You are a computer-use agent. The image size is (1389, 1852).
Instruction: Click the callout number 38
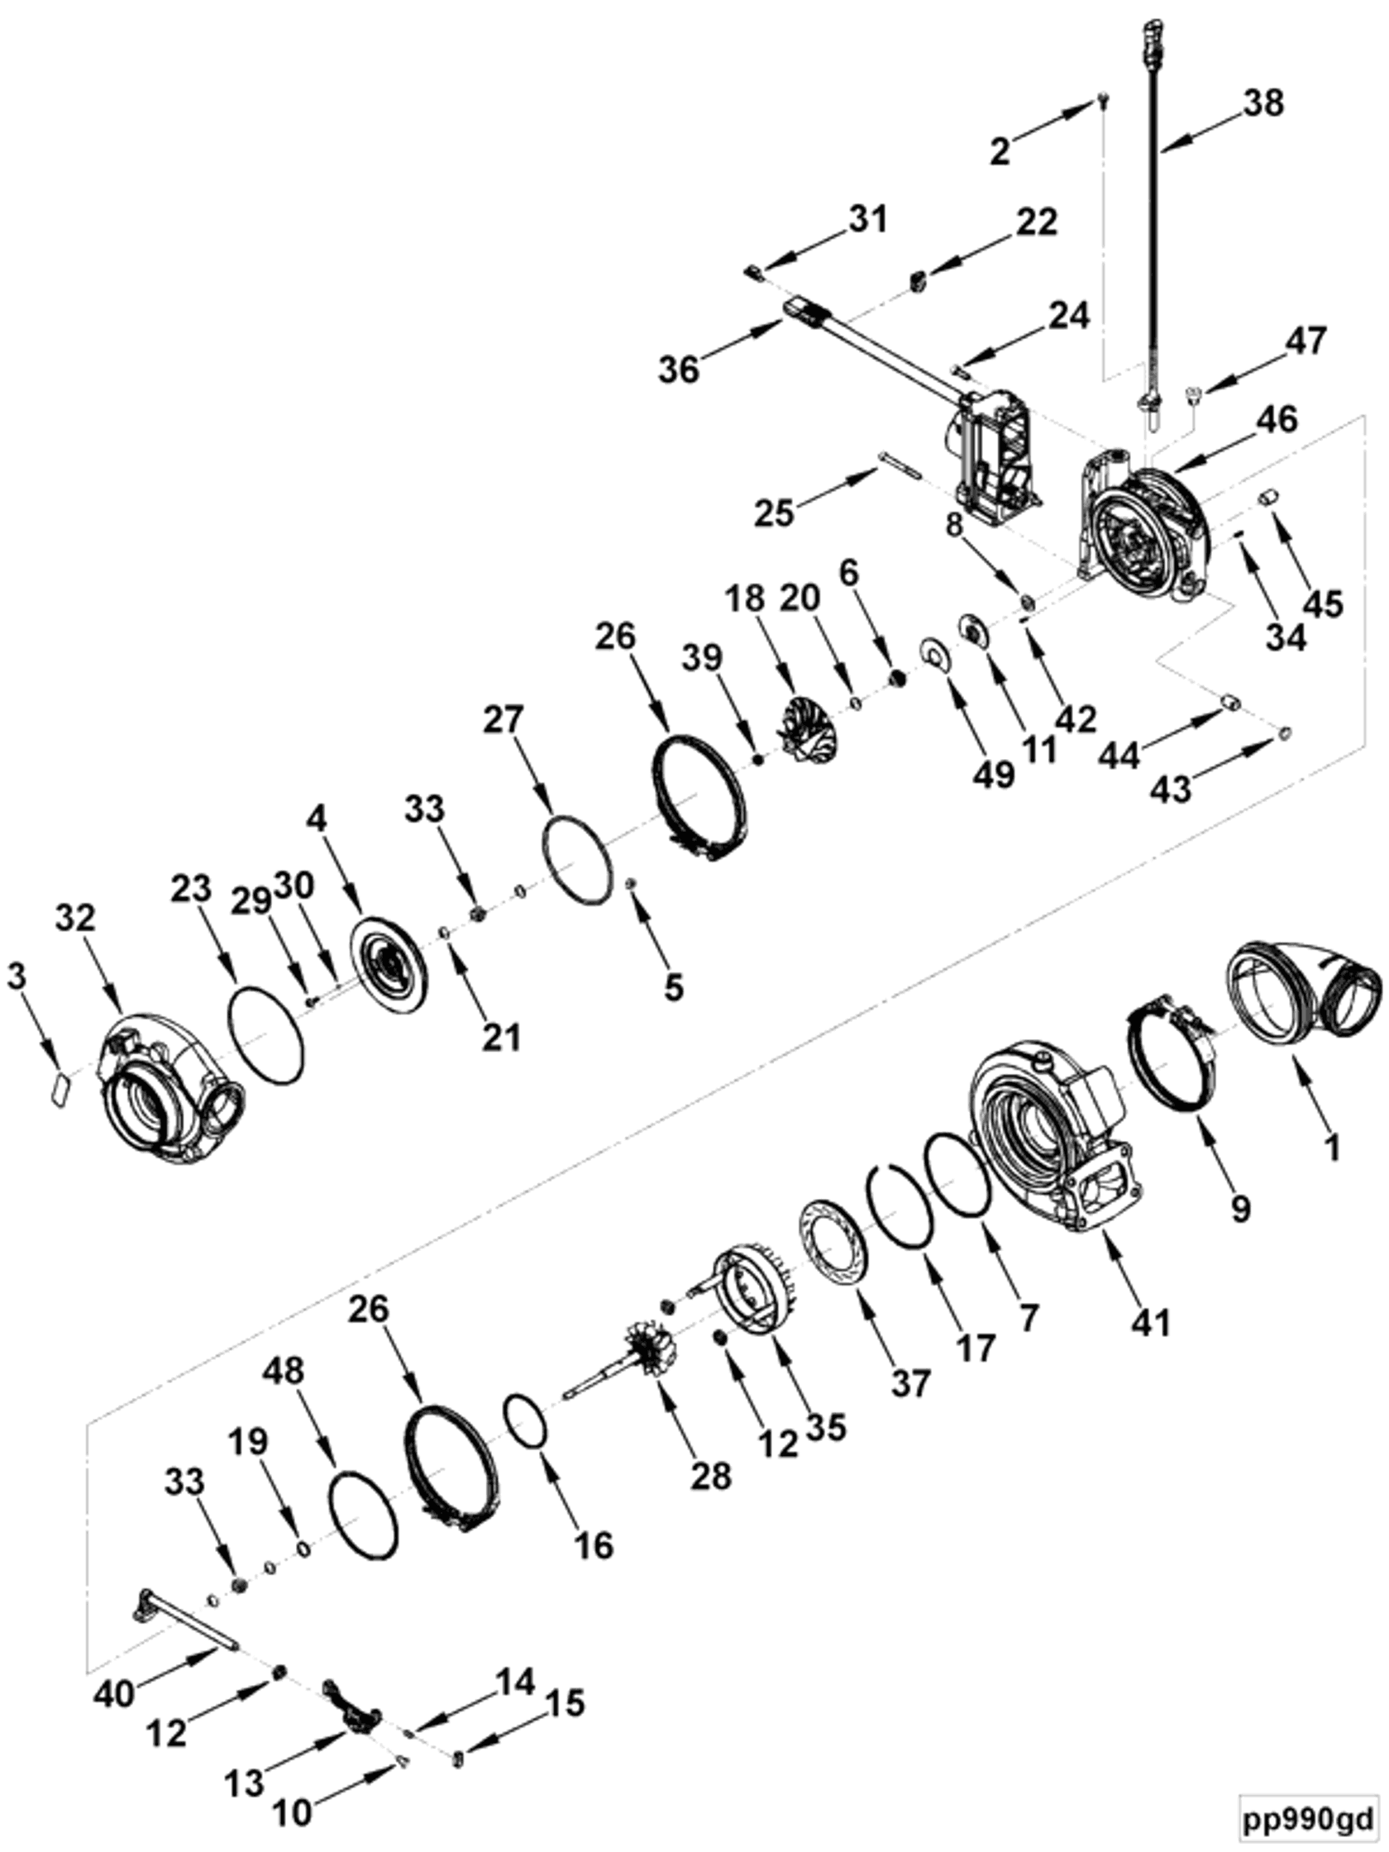[1263, 104]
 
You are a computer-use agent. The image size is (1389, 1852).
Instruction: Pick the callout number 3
[17, 976]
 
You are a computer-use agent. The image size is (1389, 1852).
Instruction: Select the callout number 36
[678, 368]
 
